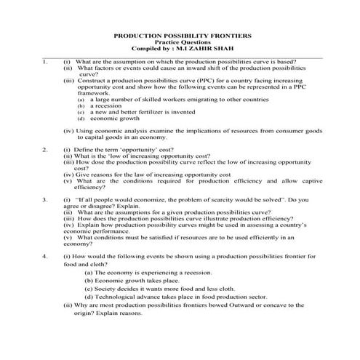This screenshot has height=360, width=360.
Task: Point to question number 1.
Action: pos(45,62)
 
